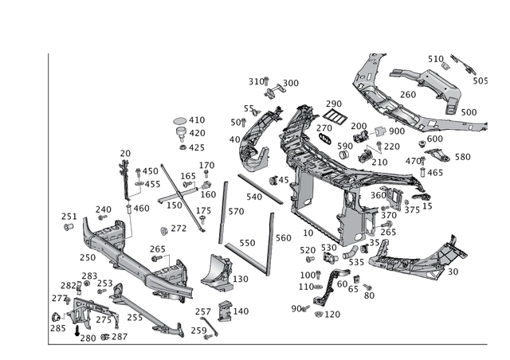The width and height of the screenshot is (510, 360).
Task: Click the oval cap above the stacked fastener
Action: [x=180, y=122]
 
